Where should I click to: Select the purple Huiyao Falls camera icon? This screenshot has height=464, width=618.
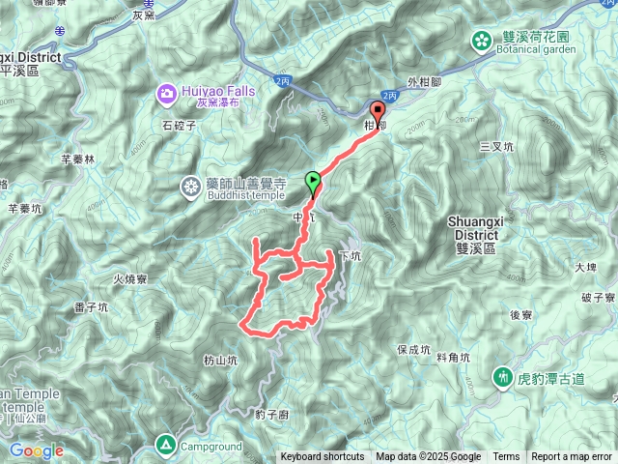(x=166, y=92)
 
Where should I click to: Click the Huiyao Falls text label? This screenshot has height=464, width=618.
(x=217, y=91)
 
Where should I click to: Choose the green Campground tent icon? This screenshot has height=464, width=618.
(x=165, y=446)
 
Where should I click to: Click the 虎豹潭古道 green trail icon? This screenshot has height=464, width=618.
(x=502, y=376)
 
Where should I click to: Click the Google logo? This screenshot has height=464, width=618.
(x=36, y=450)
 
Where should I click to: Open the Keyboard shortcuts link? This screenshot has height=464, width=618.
(x=323, y=457)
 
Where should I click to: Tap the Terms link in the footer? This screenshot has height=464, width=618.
(x=506, y=457)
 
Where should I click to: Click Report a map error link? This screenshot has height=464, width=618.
(x=573, y=457)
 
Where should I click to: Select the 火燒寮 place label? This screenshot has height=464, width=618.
(x=128, y=279)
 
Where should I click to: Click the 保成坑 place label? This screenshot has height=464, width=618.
(x=412, y=349)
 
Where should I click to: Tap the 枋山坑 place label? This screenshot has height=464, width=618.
(x=220, y=360)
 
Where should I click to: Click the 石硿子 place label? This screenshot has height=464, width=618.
(x=180, y=125)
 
